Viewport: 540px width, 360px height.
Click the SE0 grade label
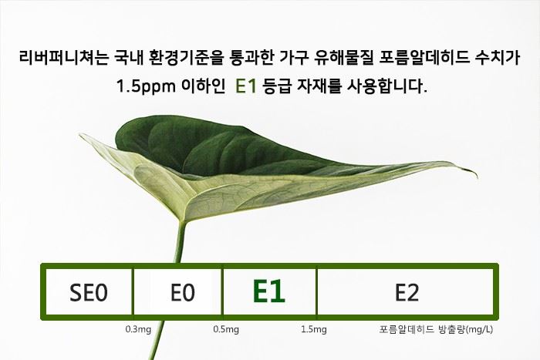(89, 292)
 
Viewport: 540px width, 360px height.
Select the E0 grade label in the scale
(183, 292)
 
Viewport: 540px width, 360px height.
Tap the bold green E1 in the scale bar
(269, 291)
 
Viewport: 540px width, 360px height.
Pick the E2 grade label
(407, 292)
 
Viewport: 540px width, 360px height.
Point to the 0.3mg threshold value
(138, 329)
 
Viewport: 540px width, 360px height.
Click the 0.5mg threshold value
(226, 329)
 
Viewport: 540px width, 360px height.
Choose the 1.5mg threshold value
(314, 329)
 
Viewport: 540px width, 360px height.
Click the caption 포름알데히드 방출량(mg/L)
(436, 329)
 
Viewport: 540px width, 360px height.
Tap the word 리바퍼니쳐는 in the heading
(64, 58)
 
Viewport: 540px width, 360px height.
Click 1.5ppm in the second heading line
(146, 86)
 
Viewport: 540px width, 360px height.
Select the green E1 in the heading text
(246, 86)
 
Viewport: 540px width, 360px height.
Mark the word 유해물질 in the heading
(344, 58)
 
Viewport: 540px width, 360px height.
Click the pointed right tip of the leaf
(477, 177)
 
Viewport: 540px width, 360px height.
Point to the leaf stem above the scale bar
(180, 242)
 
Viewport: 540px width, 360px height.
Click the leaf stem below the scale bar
(157, 339)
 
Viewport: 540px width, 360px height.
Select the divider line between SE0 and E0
(133, 292)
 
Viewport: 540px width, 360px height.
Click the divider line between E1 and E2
(316, 292)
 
